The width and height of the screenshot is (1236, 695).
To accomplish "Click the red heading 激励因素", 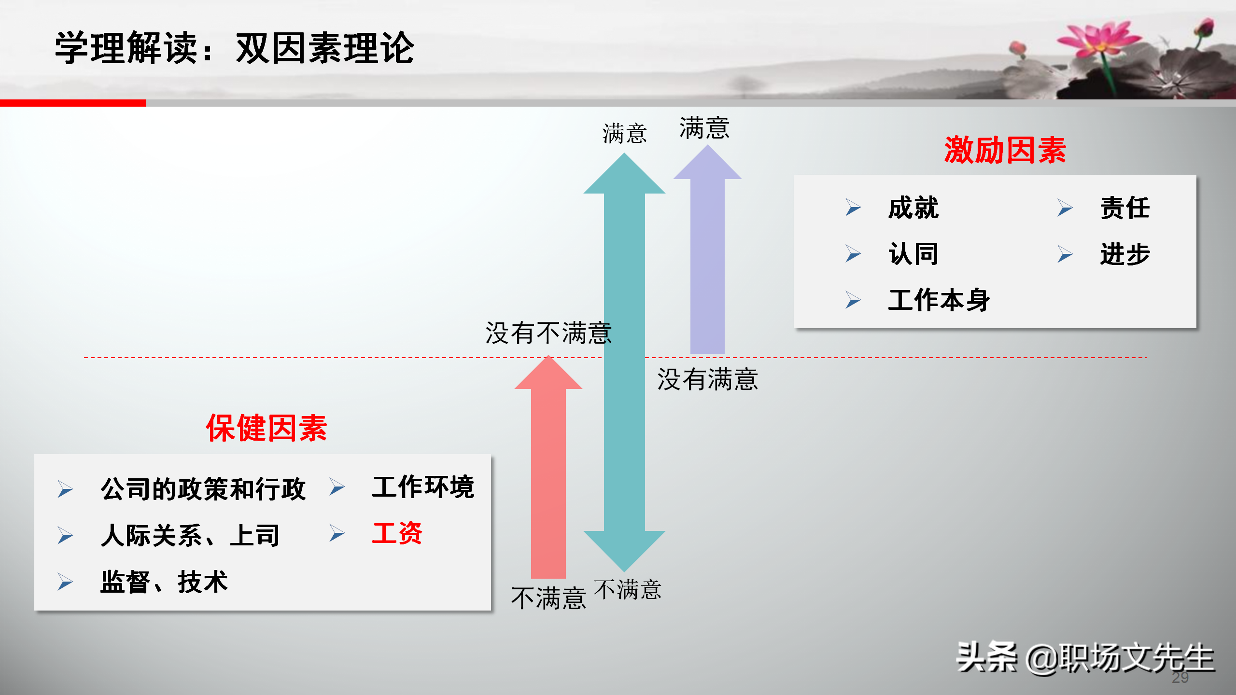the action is coord(1005,150).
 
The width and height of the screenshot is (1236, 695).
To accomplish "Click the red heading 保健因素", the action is coord(267,428).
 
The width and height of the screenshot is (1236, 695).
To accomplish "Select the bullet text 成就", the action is coord(913,208).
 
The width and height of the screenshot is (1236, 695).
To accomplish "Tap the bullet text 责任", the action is coord(1125,208).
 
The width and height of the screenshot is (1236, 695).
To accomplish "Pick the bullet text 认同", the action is coord(913,254).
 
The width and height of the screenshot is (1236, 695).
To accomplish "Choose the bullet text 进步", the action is coord(1125,254).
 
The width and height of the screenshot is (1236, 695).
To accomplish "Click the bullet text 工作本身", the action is coord(939,300).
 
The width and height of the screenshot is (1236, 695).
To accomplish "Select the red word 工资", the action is coord(397,533).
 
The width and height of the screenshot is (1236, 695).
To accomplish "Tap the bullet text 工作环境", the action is coord(423,486).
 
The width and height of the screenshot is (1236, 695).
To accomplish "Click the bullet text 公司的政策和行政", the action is coord(203,489).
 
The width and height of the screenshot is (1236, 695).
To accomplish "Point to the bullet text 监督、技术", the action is coord(164,582).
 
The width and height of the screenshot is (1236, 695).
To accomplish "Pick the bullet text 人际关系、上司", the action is coord(190,535).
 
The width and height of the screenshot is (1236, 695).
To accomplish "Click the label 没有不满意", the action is coord(548,333).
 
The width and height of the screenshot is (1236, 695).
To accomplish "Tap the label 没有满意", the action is coord(708,379).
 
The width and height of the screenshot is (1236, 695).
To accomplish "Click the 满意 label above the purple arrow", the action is coord(704,128).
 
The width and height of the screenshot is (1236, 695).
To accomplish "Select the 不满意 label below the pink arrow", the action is coord(548,598).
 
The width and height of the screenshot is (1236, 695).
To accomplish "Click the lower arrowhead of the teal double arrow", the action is coord(624,550).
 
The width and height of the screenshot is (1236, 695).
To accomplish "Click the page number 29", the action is coord(1180,678).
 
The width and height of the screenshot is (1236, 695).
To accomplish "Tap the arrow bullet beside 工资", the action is coord(337,533).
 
